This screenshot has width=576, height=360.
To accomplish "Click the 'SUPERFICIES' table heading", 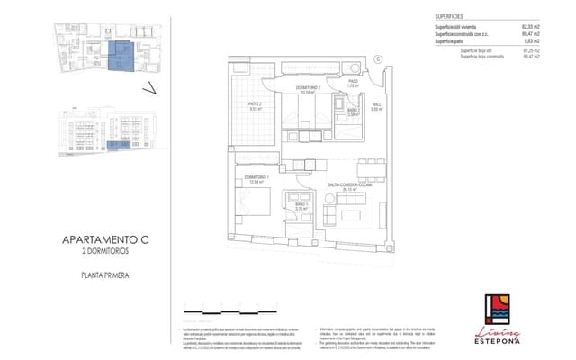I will (x=449, y=15).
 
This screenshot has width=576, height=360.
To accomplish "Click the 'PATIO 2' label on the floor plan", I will (x=255, y=108).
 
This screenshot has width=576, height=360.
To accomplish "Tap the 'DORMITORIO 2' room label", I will (x=309, y=89).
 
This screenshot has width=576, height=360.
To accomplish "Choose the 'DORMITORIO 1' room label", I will (x=256, y=178).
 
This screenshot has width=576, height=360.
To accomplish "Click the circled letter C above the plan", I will (x=378, y=59).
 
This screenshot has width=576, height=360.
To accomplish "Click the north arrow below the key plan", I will (x=150, y=87).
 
